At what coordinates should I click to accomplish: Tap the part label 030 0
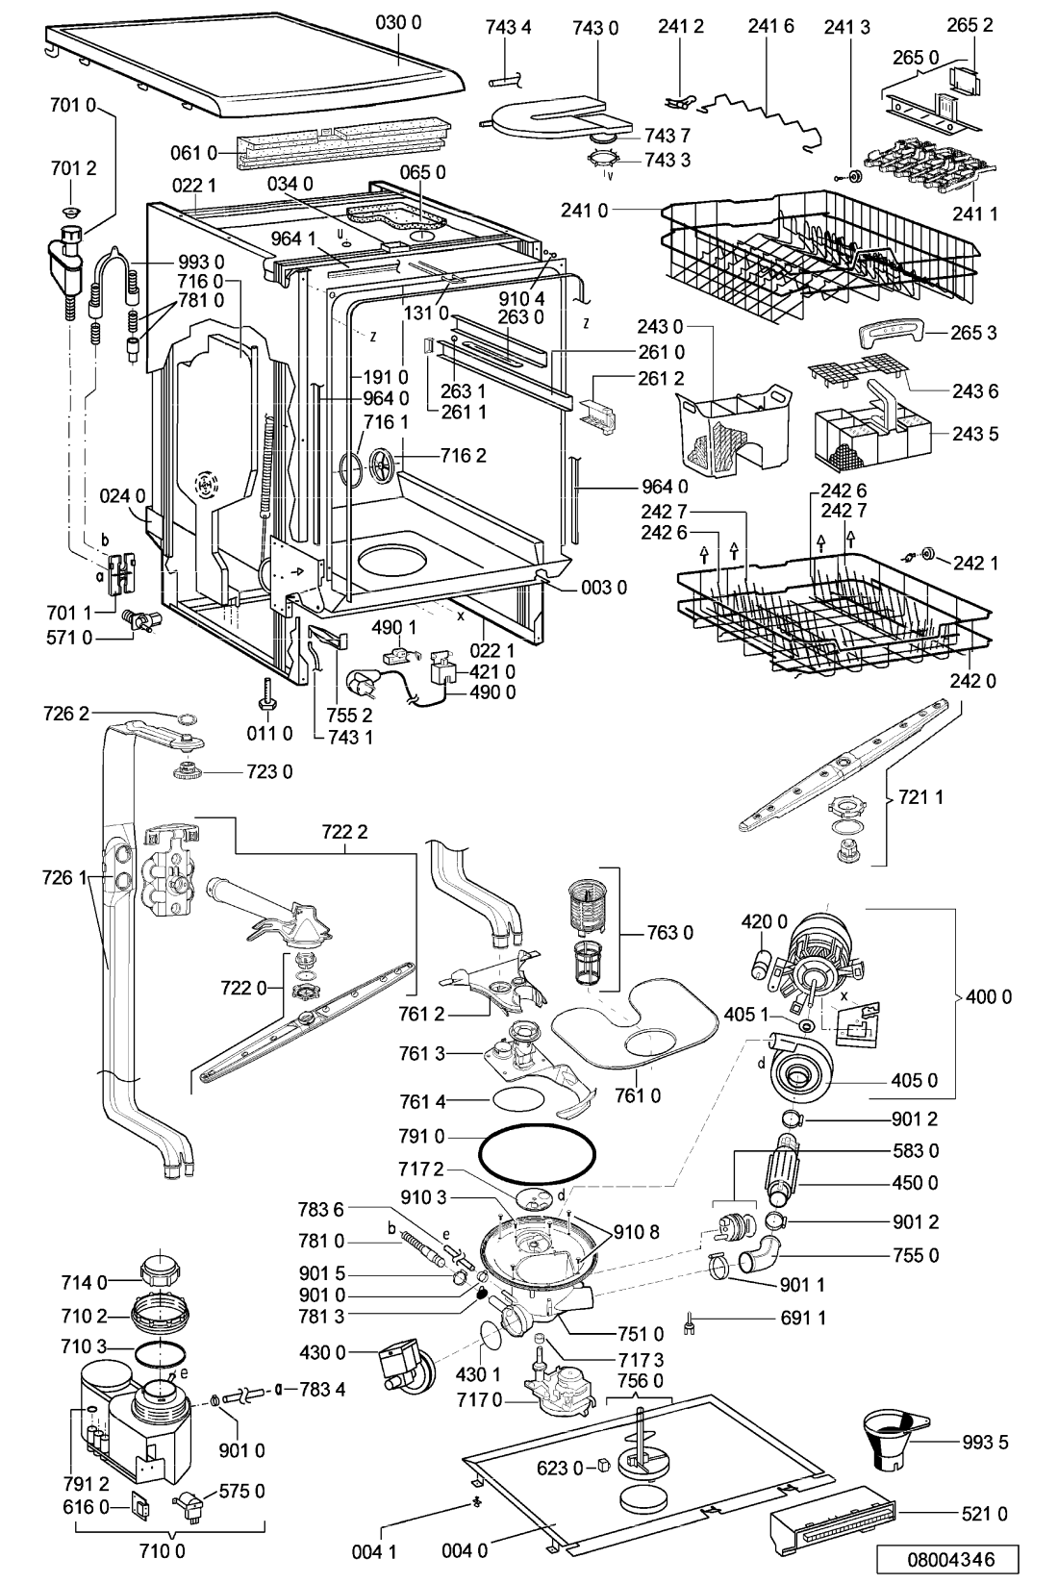(x=398, y=23)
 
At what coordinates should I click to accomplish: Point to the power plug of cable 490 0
(x=362, y=683)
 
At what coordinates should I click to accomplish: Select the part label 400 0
(x=988, y=997)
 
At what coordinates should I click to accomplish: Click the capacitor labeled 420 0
(x=761, y=963)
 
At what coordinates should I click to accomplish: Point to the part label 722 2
(x=344, y=832)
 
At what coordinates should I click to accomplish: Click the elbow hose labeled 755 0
(x=760, y=1262)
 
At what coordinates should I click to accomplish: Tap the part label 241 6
(x=770, y=26)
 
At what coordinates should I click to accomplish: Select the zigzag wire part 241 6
(x=761, y=116)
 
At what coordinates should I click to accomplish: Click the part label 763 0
(x=669, y=933)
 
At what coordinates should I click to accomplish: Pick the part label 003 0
(x=604, y=588)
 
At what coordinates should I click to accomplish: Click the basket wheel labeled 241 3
(x=854, y=176)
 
